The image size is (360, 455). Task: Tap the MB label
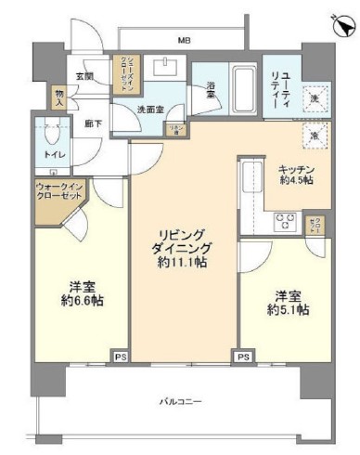tap(186, 40)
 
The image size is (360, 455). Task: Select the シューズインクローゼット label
tap(123, 71)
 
